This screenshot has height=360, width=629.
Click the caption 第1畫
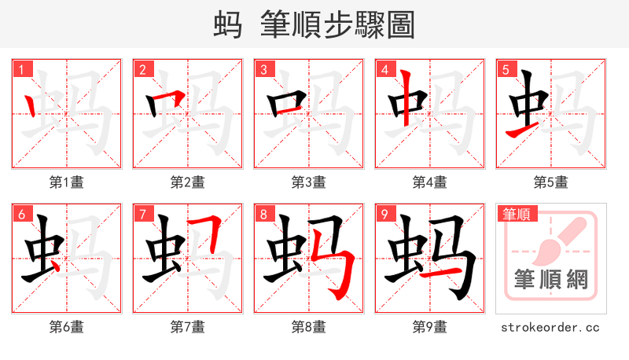(67, 182)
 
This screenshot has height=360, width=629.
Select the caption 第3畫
(309, 182)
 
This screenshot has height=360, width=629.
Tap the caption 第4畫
(430, 182)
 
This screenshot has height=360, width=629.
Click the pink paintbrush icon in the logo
(560, 240)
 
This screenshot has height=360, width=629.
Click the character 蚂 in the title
(228, 25)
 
